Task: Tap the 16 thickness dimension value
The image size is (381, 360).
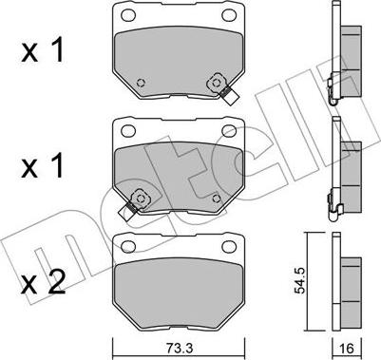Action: point(347,349)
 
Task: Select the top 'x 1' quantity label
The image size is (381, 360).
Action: point(43,51)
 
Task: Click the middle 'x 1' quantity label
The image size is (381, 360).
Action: point(43,167)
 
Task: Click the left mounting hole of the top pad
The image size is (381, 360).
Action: point(128,14)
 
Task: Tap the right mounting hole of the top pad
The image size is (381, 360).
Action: point(229,14)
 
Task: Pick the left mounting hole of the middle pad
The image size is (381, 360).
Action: point(128,130)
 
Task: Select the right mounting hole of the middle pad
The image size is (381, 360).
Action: point(229,130)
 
